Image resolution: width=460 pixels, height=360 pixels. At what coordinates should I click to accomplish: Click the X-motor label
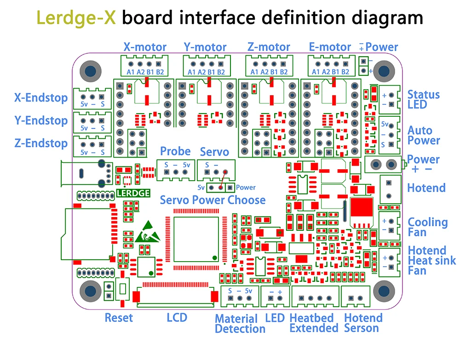pos(144,47)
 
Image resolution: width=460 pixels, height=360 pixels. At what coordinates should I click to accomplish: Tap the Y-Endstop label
pos(41,120)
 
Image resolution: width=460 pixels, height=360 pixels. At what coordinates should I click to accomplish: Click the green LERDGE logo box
pos(133,193)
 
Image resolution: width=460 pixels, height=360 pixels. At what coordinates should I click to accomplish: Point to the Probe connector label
pos(175,151)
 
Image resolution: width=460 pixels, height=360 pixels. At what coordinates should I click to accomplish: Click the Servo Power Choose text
pos(213,200)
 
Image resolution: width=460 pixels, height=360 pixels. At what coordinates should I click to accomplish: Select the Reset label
pos(119,318)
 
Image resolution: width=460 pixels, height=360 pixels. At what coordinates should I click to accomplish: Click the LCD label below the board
pos(177,317)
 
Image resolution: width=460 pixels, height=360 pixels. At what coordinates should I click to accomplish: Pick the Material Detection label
pos(240,324)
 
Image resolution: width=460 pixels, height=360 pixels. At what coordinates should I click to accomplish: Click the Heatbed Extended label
pos(314,323)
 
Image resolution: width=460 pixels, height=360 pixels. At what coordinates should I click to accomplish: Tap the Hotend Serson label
pos(363,323)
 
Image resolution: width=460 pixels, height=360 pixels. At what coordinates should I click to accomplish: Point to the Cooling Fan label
pos(427,227)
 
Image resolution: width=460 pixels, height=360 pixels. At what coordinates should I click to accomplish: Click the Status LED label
pos(424,99)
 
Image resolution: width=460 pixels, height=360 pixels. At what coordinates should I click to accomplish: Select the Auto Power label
pos(424,136)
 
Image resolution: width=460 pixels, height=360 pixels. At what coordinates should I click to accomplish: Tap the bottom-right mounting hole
pos(383,291)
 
